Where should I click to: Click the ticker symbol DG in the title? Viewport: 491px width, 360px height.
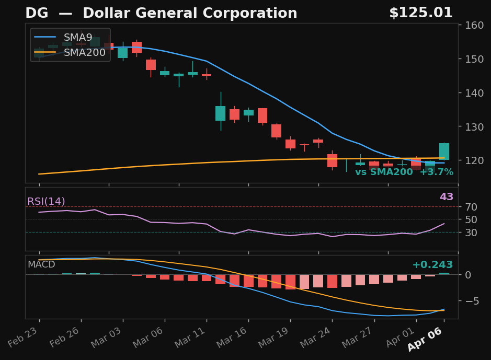click(37, 14)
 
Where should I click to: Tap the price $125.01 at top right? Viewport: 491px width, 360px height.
click(420, 13)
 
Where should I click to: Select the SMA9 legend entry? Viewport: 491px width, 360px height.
click(77, 38)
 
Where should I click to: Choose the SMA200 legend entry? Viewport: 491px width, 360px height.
click(84, 52)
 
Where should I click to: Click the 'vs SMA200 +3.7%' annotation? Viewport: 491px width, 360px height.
click(404, 172)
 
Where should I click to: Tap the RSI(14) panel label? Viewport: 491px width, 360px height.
click(46, 202)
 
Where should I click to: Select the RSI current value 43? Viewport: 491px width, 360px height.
click(446, 197)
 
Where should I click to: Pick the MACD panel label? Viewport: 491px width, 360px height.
click(41, 264)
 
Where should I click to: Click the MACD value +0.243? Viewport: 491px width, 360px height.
click(432, 265)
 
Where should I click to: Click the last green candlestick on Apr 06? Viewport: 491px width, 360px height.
click(444, 152)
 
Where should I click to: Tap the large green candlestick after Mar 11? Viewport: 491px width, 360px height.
click(220, 113)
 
